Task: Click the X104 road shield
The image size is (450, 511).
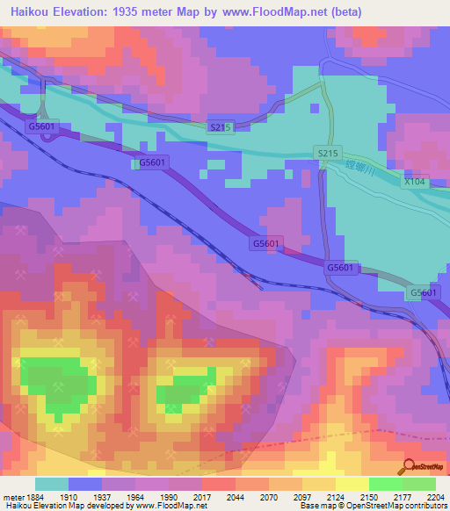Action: click(x=413, y=181)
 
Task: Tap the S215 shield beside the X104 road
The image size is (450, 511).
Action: click(x=327, y=154)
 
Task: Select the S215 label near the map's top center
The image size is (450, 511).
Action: click(x=220, y=127)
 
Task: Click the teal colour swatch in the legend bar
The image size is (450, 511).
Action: click(x=52, y=484)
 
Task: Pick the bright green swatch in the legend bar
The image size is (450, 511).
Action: click(x=385, y=484)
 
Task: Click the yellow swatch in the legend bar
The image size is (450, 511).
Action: click(x=352, y=484)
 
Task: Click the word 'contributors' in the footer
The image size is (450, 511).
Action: click(x=426, y=507)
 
